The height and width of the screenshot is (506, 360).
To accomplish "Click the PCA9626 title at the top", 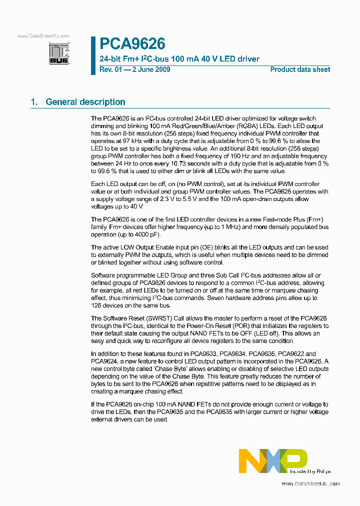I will pos(132,44).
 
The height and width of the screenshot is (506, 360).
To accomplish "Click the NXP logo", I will pos(272,460).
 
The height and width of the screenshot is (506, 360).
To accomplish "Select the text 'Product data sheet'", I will pos(300,69).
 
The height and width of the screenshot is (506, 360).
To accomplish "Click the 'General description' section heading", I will pos(85,102).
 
